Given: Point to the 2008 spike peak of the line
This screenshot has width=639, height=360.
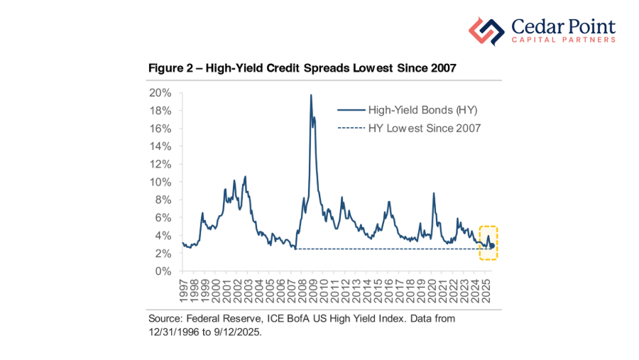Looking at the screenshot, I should [x=311, y=95].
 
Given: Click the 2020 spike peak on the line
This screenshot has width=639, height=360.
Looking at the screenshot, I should [x=433, y=193].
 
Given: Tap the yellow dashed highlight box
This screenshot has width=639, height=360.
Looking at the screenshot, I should [x=488, y=243].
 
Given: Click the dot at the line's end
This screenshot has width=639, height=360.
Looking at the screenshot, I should [x=493, y=246].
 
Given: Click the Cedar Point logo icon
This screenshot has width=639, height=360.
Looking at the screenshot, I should [x=486, y=31].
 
